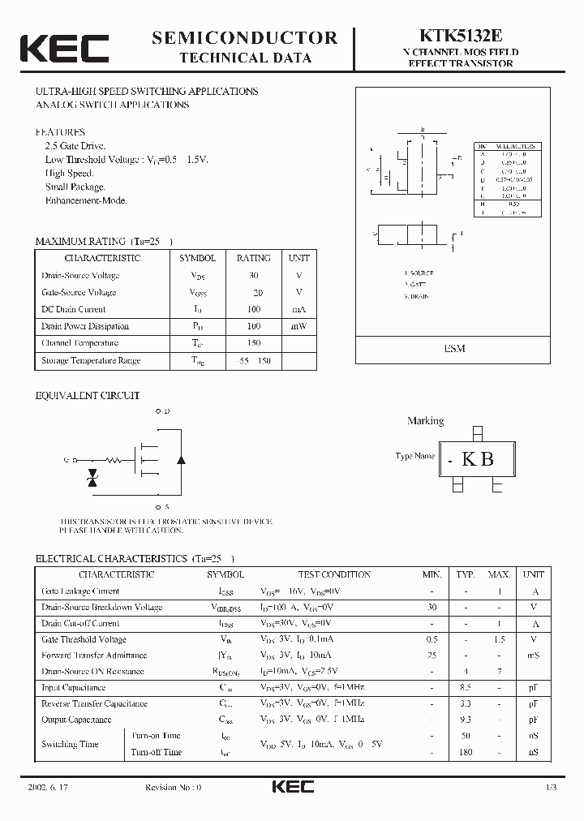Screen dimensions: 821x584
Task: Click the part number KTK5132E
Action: [x=462, y=36]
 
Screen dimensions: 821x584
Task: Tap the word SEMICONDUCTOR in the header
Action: [x=244, y=37]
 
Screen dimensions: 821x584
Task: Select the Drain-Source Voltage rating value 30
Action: [x=254, y=275]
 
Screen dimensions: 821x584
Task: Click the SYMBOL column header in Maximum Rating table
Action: [x=197, y=258]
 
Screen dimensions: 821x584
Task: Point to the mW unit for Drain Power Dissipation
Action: [x=298, y=326]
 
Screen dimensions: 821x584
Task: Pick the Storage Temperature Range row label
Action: [x=91, y=360]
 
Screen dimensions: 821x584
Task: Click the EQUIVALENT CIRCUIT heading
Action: [x=88, y=396]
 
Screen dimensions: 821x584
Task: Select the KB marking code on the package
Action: [x=478, y=458]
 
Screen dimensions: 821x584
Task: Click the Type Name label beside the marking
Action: [x=415, y=456]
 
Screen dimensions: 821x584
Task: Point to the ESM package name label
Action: [x=454, y=348]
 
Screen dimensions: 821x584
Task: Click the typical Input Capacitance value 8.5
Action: [x=466, y=687]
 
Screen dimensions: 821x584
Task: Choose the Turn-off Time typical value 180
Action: [x=466, y=752]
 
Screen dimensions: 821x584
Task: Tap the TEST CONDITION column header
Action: [x=334, y=574]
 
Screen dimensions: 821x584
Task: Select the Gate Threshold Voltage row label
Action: [x=84, y=639]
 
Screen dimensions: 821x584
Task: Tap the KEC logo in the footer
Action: [x=292, y=787]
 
